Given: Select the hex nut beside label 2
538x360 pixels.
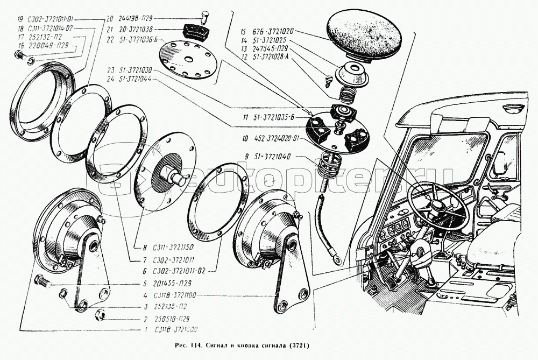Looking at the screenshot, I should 100,314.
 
